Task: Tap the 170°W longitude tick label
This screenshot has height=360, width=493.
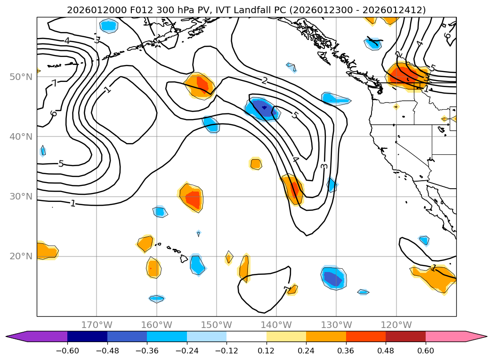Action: click(x=97, y=325)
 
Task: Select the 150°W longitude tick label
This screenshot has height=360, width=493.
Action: click(x=217, y=325)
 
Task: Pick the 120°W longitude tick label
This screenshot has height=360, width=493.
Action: click(x=396, y=325)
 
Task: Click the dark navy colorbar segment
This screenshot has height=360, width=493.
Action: click(x=87, y=336)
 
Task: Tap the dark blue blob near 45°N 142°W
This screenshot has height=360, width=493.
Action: click(x=263, y=108)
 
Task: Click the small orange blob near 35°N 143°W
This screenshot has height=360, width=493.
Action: click(x=256, y=164)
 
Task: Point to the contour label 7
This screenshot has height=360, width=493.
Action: click(x=54, y=84)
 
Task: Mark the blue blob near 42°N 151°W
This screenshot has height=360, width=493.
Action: click(x=210, y=124)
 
